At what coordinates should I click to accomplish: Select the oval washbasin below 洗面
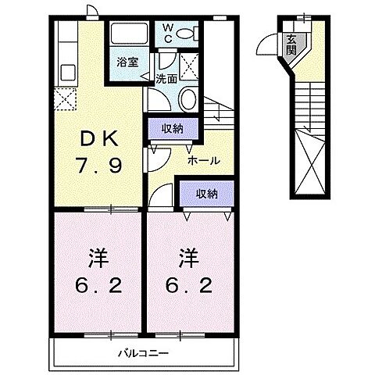187,98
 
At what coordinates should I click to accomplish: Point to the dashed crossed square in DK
64,100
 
